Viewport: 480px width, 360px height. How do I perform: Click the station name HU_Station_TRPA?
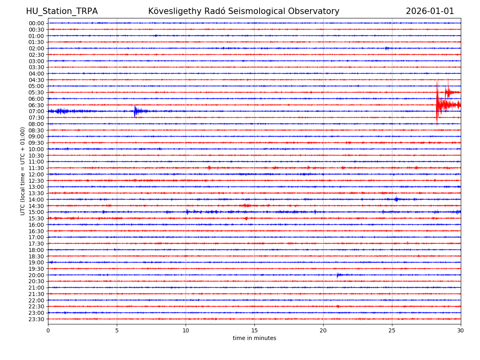pyautogui.click(x=62, y=11)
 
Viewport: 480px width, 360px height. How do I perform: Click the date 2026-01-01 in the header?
pyautogui.click(x=430, y=11)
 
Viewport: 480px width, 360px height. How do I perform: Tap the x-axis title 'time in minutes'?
pyautogui.click(x=254, y=338)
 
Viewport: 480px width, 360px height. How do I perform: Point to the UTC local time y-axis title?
pyautogui.click(x=23, y=171)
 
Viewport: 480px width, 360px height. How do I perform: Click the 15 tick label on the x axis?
pyautogui.click(x=254, y=331)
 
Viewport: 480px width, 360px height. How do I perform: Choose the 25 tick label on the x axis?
pyautogui.click(x=392, y=331)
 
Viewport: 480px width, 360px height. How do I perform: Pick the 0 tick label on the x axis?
pyautogui.click(x=48, y=331)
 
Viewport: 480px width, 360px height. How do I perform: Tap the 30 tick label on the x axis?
pyautogui.click(x=460, y=331)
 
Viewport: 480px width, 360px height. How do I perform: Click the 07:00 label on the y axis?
pyautogui.click(x=36, y=111)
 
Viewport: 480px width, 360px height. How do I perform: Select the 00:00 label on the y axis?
pyautogui.click(x=36, y=23)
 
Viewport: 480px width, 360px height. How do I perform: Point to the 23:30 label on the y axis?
pyautogui.click(x=36, y=319)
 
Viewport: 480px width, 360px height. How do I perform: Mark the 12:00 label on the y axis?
pyautogui.click(x=36, y=174)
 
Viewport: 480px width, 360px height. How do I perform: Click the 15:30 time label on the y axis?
pyautogui.click(x=36, y=218)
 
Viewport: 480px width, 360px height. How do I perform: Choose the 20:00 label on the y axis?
pyautogui.click(x=36, y=275)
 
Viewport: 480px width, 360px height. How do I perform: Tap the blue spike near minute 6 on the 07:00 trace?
pyautogui.click(x=135, y=111)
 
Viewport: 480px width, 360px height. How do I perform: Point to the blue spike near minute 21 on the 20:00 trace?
pyautogui.click(x=338, y=275)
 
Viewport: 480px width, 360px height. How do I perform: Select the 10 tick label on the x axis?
pyautogui.click(x=186, y=331)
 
